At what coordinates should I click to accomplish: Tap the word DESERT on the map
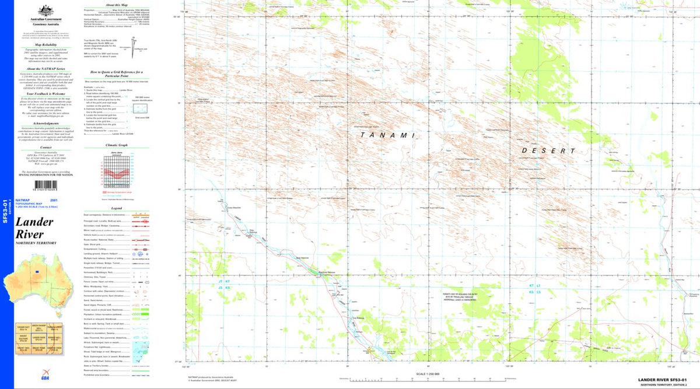pyautogui.click(x=544, y=150)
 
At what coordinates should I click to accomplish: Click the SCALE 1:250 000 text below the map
pyautogui.click(x=427, y=374)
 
